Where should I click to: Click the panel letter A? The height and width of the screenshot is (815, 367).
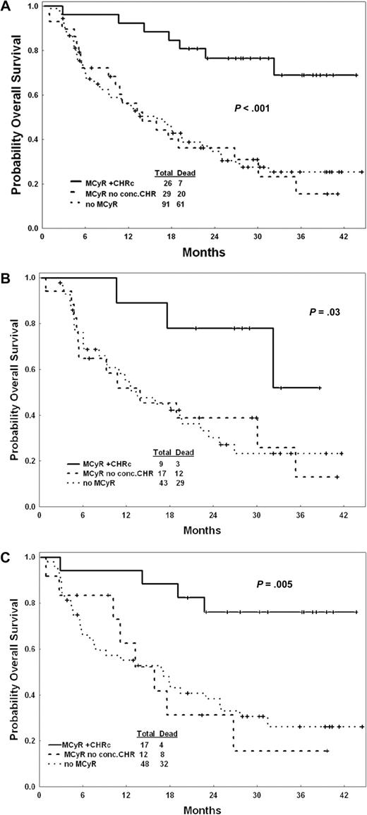click(x=6, y=6)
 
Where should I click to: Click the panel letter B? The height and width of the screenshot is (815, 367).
click(x=6, y=278)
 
